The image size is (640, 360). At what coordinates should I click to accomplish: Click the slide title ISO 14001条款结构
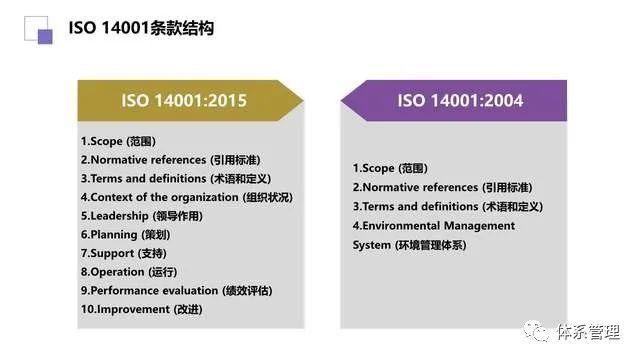pos(141,29)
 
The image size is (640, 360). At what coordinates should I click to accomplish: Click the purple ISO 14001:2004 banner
pos(455,100)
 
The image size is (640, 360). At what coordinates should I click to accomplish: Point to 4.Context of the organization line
pos(186,197)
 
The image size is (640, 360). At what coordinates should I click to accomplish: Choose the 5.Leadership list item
pos(140,216)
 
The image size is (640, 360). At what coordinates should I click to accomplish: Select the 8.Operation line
pos(128,272)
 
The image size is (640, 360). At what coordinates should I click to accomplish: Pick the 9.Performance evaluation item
pos(176,290)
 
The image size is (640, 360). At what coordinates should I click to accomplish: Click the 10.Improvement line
pos(141,309)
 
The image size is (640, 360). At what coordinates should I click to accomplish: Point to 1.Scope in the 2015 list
pos(118,141)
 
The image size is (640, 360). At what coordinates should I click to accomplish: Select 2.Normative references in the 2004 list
pos(442,188)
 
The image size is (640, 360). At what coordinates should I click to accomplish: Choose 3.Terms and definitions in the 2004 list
pos(447,207)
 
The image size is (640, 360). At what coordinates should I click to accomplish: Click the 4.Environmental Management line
pos(434,226)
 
